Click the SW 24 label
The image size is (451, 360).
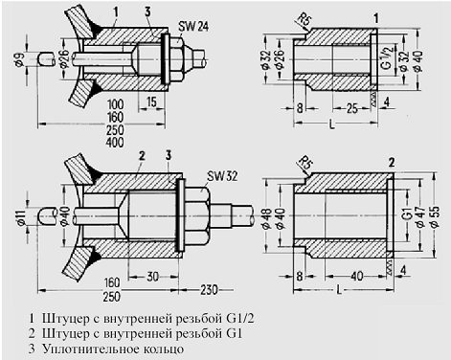click(x=193, y=27)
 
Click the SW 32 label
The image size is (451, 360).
click(x=222, y=175)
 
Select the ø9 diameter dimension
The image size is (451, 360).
click(x=19, y=59)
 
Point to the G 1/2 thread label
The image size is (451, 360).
click(x=387, y=58)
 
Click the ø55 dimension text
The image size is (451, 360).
click(x=435, y=217)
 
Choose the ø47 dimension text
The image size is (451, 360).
click(x=420, y=217)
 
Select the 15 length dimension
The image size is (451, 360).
click(x=152, y=102)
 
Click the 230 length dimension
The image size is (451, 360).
click(x=209, y=290)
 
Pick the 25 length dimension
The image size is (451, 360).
click(x=351, y=109)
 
